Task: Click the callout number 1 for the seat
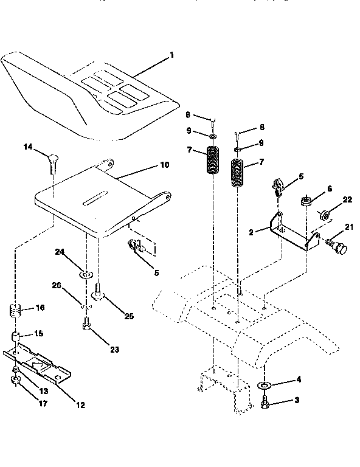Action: [171, 55]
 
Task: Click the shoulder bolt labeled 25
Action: [97, 296]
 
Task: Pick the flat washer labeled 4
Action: [265, 386]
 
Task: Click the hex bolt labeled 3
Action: [265, 403]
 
